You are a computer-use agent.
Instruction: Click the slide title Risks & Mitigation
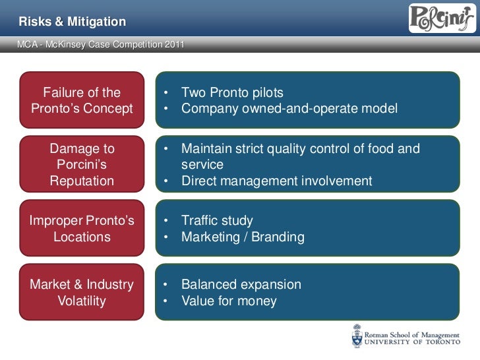[72, 22]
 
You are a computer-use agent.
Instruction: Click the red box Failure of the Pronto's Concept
[82, 100]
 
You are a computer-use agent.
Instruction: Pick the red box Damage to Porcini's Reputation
[82, 164]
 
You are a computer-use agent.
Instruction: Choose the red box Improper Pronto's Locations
[82, 228]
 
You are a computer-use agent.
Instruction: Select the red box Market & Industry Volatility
[82, 292]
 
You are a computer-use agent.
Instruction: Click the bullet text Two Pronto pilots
[232, 92]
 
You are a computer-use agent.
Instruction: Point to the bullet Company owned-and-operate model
[289, 108]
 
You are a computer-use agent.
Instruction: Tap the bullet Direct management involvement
[276, 181]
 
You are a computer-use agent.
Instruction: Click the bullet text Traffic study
[217, 221]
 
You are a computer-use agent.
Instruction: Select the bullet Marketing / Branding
[243, 237]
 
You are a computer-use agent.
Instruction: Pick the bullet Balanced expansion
[241, 285]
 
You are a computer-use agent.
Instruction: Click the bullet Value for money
[229, 301]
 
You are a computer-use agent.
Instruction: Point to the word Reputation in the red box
[82, 181]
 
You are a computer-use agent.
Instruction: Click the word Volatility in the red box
[82, 301]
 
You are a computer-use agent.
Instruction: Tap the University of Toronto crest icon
[357, 336]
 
